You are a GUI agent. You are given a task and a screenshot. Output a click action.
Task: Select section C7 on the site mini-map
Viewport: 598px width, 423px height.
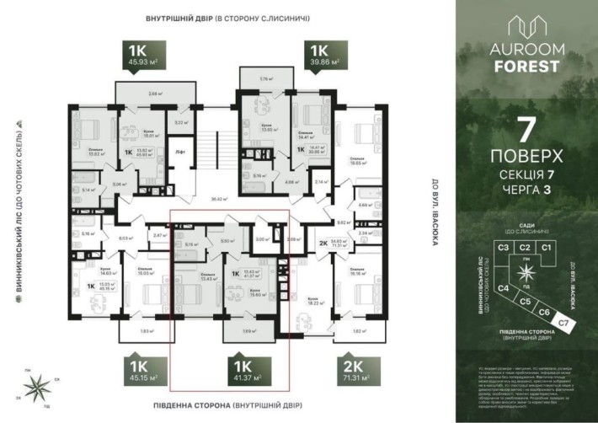click(x=563, y=324)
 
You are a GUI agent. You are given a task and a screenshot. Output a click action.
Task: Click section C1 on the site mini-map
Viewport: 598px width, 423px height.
click(x=546, y=247)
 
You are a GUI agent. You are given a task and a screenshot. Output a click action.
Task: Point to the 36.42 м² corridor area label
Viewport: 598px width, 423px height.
click(x=221, y=199)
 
